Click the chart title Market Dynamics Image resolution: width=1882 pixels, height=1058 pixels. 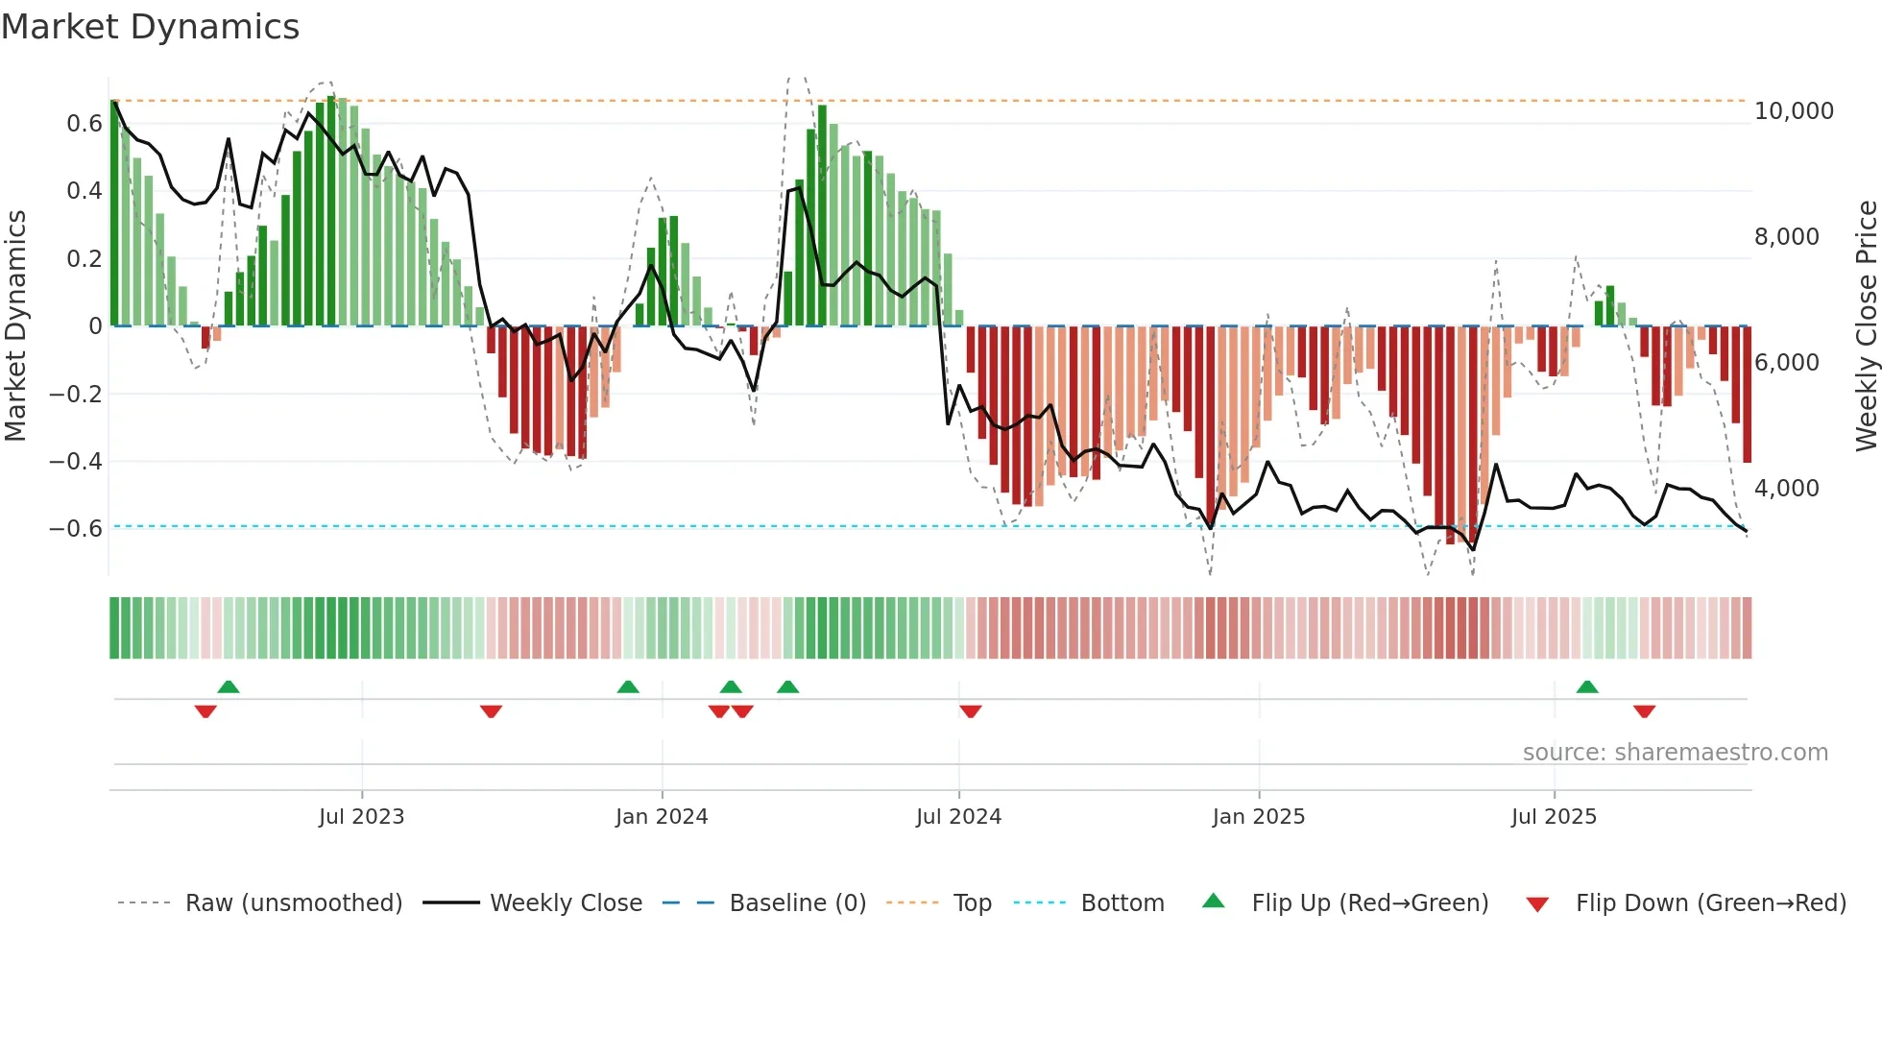(x=150, y=27)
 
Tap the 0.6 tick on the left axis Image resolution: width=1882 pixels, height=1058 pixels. (x=84, y=123)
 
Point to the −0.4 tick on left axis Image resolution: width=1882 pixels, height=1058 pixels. (x=75, y=461)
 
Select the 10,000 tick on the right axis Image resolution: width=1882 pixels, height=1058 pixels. (x=1793, y=111)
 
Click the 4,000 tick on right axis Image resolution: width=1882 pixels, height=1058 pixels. (x=1786, y=488)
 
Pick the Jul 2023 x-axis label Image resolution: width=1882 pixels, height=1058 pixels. (x=361, y=817)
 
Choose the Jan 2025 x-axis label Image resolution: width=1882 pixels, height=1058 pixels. (x=1258, y=817)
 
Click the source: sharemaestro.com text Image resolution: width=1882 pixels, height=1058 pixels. (x=1675, y=753)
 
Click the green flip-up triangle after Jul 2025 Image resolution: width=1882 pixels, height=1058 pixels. (x=1586, y=687)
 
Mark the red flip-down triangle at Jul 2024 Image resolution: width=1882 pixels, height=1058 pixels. (x=970, y=710)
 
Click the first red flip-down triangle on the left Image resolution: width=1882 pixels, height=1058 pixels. (x=205, y=710)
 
